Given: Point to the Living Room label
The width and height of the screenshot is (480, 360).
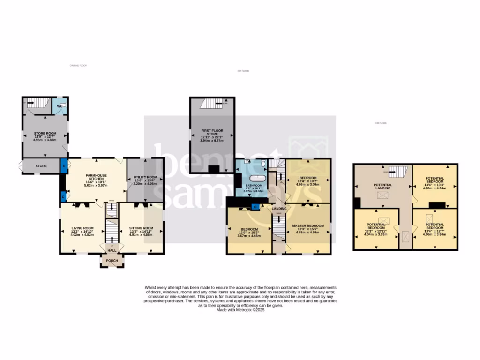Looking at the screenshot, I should pyautogui.click(x=82, y=228).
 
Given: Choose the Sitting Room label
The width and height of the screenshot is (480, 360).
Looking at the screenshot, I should pyautogui.click(x=141, y=228).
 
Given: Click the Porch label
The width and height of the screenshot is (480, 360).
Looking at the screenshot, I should pyautogui.click(x=112, y=261).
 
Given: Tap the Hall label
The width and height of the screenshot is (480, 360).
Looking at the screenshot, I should pyautogui.click(x=112, y=251).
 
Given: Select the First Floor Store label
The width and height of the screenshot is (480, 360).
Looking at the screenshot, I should pyautogui.click(x=212, y=132).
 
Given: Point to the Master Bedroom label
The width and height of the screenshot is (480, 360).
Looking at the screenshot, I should pyautogui.click(x=308, y=225).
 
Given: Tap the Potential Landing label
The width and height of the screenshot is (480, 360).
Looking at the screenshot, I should pyautogui.click(x=383, y=187).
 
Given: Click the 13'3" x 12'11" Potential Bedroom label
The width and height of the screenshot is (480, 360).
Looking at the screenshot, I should pyautogui.click(x=376, y=228).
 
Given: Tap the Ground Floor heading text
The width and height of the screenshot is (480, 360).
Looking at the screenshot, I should pyautogui.click(x=78, y=65).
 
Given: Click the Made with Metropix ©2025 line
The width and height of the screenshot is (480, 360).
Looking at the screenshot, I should pyautogui.click(x=240, y=310).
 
